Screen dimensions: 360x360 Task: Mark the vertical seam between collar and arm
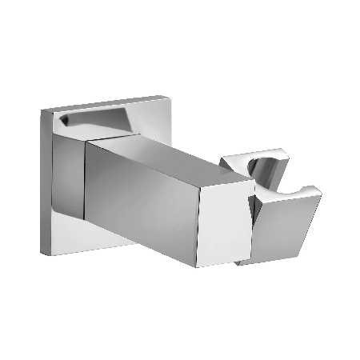point(87,180)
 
